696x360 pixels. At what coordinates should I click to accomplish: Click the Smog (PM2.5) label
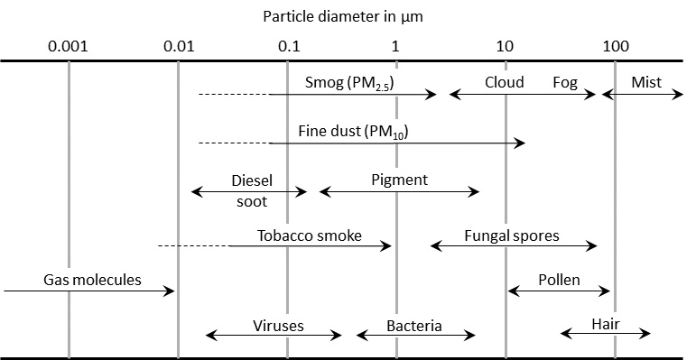pyautogui.click(x=352, y=83)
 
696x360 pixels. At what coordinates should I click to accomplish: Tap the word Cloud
pyautogui.click(x=504, y=82)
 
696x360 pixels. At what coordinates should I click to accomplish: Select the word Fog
pyautogui.click(x=565, y=82)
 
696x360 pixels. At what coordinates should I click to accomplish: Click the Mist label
pyautogui.click(x=646, y=82)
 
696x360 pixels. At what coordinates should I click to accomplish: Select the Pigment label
pyautogui.click(x=399, y=180)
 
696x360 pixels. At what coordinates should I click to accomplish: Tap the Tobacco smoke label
pyautogui.click(x=309, y=235)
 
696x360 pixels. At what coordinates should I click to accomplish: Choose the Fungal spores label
pyautogui.click(x=512, y=235)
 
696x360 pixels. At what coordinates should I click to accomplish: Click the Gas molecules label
pyautogui.click(x=92, y=280)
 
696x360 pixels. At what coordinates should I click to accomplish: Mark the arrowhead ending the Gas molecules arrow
pyautogui.click(x=172, y=291)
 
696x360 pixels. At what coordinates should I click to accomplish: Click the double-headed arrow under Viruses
pyautogui.click(x=274, y=336)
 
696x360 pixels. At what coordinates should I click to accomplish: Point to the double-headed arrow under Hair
pyautogui.click(x=605, y=334)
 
